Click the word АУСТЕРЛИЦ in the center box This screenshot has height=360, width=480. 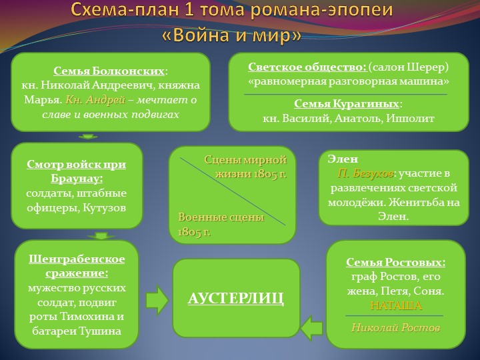click(x=235, y=298)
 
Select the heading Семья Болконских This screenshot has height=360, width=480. click(x=109, y=71)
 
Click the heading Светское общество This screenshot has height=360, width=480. click(x=307, y=67)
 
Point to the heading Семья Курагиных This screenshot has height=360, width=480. click(x=347, y=104)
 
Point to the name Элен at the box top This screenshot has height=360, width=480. click(x=343, y=159)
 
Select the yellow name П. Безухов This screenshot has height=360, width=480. click(x=365, y=173)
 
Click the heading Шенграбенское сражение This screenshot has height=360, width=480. click(x=77, y=266)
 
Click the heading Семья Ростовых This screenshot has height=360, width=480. click(x=395, y=263)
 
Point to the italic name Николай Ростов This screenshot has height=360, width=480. click(x=395, y=327)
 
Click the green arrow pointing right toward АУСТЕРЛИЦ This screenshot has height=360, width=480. click(x=157, y=300)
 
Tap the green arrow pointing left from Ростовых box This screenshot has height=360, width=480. click(x=311, y=327)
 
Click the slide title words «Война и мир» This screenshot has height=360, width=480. click(x=231, y=35)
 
